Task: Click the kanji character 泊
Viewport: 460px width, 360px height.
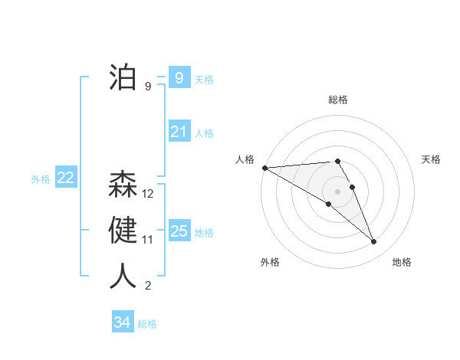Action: pyautogui.click(x=123, y=77)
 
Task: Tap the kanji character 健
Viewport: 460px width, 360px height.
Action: pyautogui.click(x=123, y=231)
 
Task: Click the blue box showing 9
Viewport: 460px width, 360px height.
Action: pyautogui.click(x=179, y=77)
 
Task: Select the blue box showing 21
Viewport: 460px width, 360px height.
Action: pyautogui.click(x=179, y=132)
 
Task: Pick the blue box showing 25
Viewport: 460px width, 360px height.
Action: pyautogui.click(x=179, y=231)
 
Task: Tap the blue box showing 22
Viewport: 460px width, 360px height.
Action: pyautogui.click(x=65, y=178)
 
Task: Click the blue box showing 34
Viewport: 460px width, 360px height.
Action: pyautogui.click(x=122, y=322)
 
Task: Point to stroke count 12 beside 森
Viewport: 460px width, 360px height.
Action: pyautogui.click(x=148, y=194)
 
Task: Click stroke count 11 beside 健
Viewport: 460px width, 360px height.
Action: pyautogui.click(x=148, y=240)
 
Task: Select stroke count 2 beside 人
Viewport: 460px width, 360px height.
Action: pyautogui.click(x=148, y=286)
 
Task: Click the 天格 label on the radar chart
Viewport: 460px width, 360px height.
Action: pyautogui.click(x=432, y=159)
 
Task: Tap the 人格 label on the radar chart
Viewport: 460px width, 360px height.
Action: pyautogui.click(x=245, y=159)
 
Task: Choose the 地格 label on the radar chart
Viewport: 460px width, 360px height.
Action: pyautogui.click(x=402, y=262)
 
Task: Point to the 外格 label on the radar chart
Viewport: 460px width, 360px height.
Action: pyautogui.click(x=270, y=262)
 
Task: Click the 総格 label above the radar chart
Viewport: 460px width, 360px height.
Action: pyautogui.click(x=338, y=100)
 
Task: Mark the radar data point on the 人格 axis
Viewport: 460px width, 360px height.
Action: pyautogui.click(x=264, y=167)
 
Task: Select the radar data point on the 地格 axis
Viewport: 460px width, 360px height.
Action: pyautogui.click(x=374, y=242)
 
